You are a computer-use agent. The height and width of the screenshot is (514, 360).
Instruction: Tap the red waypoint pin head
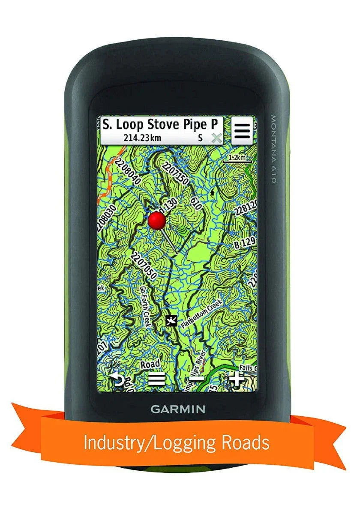tap(157, 220)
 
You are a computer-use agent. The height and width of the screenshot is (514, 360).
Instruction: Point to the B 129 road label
tap(245, 245)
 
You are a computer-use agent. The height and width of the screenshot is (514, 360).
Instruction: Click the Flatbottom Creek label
tap(201, 315)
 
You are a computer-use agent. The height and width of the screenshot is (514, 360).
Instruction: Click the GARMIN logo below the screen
tap(177, 409)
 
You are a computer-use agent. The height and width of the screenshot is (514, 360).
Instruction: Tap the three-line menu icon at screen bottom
tap(157, 379)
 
